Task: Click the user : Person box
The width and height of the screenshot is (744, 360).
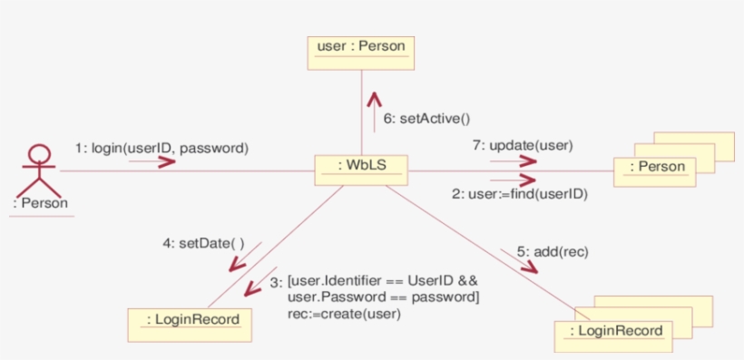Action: point(360,51)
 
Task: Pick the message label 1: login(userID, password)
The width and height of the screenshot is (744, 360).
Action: point(162,146)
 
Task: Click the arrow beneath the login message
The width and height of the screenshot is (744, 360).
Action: point(152,161)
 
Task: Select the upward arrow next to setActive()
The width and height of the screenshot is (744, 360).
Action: point(373,106)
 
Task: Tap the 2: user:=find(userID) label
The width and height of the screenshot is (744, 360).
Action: point(519,193)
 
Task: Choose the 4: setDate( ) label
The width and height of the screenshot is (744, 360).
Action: point(210,242)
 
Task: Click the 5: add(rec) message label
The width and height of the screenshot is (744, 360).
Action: point(553,251)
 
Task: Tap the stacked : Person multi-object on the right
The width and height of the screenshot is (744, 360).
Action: point(661,167)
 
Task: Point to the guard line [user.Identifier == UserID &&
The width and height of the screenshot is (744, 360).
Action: point(382,281)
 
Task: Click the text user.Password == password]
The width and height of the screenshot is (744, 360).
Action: point(383,297)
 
